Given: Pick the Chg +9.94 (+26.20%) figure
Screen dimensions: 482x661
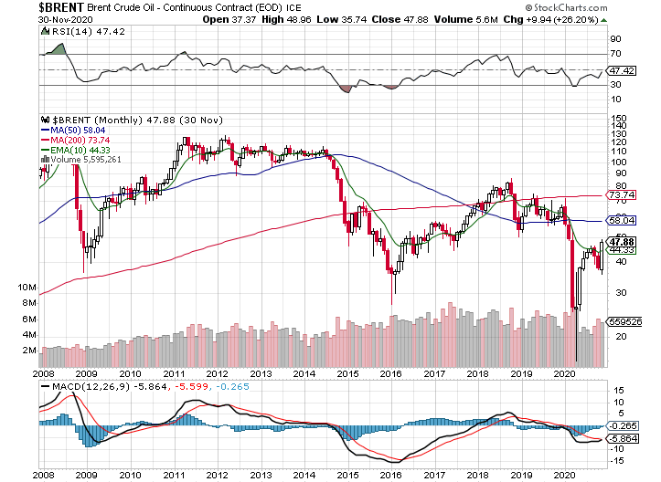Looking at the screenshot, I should tap(599, 19).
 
